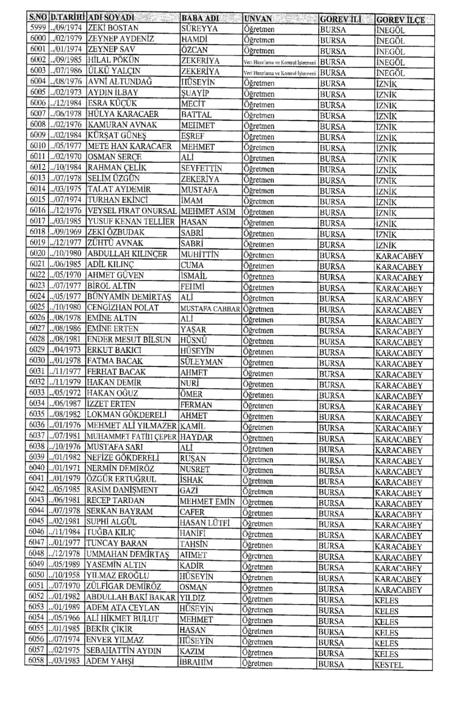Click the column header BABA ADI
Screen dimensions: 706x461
pyautogui.click(x=200, y=18)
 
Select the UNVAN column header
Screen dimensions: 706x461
pyautogui.click(x=258, y=19)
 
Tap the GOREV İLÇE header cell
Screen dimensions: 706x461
pyautogui.click(x=400, y=20)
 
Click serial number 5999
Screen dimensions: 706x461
pyautogui.click(x=37, y=28)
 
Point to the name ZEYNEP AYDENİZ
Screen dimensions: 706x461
pyautogui.click(x=121, y=38)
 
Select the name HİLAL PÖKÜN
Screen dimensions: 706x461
pyautogui.click(x=113, y=60)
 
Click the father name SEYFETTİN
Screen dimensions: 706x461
pyautogui.click(x=201, y=168)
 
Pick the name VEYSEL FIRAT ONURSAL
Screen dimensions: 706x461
pyautogui.click(x=132, y=211)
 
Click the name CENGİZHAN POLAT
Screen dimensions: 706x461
pyautogui.click(x=122, y=307)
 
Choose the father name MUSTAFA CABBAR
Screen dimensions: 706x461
pyautogui.click(x=210, y=309)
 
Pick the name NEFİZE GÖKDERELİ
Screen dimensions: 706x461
pyautogui.click(x=122, y=458)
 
